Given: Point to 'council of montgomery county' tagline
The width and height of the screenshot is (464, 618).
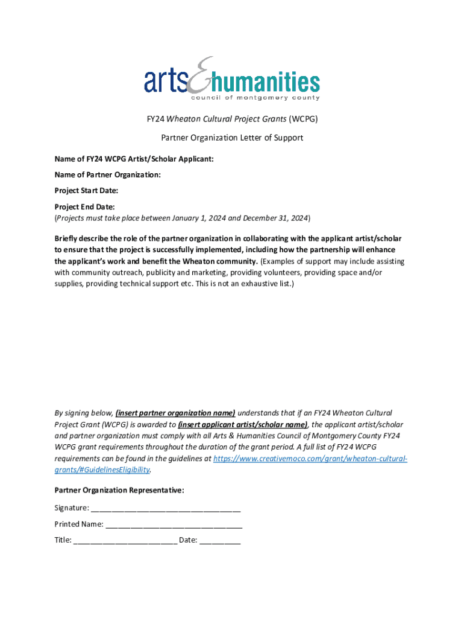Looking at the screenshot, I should point(255,98).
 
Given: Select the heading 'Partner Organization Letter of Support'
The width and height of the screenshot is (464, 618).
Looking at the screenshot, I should point(232,138).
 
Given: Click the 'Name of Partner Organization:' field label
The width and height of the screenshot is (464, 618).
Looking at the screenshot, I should point(108,174).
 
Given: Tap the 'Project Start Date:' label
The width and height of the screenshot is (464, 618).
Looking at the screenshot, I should point(86,190).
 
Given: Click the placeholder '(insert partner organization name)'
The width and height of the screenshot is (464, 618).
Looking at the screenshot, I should point(175,413).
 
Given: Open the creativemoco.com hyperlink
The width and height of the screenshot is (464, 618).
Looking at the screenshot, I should point(310,459).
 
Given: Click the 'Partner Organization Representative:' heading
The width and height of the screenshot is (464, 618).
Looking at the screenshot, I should point(119,490).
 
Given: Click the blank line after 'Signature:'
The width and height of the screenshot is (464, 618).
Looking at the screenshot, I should point(166,508).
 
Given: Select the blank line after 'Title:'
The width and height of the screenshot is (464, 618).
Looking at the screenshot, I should point(125,541).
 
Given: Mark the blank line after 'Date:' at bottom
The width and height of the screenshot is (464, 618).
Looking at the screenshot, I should point(220,541).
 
